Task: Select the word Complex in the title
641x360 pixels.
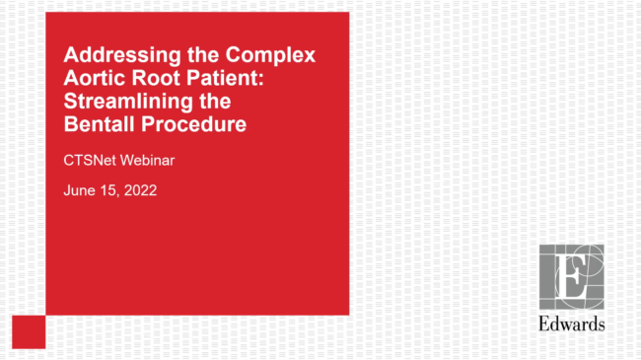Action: (x=270, y=55)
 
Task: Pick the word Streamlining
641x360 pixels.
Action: (x=128, y=102)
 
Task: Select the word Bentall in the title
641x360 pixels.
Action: (x=100, y=124)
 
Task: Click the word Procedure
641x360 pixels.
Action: (x=193, y=124)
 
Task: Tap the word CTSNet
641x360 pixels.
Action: (x=90, y=161)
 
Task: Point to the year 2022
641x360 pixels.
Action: (x=140, y=190)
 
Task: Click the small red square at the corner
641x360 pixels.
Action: (x=29, y=331)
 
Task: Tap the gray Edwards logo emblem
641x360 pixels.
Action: (x=572, y=277)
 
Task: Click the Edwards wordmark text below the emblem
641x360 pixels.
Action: (x=572, y=324)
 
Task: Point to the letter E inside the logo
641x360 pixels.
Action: (x=571, y=276)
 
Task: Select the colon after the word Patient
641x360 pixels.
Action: (x=260, y=79)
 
